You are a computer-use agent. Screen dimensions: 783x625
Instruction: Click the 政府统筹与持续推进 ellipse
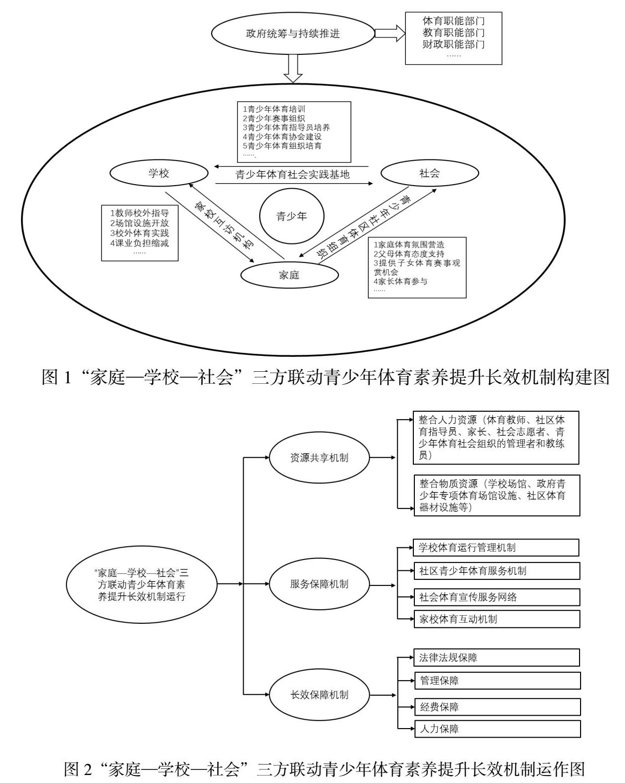tap(293, 34)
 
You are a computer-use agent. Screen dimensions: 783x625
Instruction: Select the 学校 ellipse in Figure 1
tap(159, 174)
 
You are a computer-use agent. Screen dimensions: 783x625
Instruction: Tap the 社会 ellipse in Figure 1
tap(429, 174)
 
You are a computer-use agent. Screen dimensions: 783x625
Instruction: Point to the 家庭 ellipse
tap(289, 274)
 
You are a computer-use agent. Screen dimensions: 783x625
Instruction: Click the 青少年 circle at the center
tap(292, 216)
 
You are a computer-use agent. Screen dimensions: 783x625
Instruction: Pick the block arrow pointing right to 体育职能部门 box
tap(389, 33)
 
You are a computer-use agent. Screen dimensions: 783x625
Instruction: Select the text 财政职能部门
tap(453, 44)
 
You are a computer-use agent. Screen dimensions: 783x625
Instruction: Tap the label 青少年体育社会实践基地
tap(293, 175)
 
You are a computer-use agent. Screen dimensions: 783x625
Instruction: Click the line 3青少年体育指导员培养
tap(286, 127)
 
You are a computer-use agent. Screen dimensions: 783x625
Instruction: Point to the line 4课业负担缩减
tap(139, 243)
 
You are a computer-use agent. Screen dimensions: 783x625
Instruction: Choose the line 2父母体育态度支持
tap(409, 254)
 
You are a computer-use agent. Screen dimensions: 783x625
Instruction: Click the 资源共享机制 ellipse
tap(319, 458)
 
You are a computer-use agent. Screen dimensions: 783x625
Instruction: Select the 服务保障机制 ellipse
tap(319, 584)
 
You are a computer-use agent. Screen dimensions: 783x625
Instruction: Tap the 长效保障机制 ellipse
tap(319, 695)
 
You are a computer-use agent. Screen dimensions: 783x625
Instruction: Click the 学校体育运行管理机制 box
tap(496, 547)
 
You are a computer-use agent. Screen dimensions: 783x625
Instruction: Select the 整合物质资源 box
tap(497, 496)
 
